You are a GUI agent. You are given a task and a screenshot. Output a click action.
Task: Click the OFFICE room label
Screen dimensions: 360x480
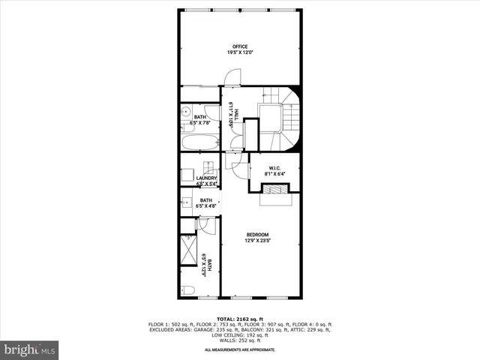pos(239,46)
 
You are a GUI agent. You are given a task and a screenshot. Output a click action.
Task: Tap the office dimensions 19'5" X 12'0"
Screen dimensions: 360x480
pos(239,52)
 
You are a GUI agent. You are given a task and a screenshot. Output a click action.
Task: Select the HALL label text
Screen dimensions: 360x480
pos(236,113)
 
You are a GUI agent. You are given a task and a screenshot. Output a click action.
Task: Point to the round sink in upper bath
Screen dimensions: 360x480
pos(185,113)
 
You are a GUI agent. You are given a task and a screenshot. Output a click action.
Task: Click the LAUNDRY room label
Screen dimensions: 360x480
pos(206,178)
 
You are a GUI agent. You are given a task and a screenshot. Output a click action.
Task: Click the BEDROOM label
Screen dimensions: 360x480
pos(257,234)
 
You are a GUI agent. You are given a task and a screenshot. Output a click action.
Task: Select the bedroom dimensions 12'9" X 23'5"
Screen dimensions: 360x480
pos(257,241)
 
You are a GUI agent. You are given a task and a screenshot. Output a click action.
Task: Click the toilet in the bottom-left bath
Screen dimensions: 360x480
pos(188,289)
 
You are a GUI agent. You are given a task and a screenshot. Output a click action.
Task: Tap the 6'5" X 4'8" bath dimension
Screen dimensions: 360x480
pos(206,206)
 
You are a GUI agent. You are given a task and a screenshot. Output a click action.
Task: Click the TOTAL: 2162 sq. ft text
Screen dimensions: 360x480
pos(240,319)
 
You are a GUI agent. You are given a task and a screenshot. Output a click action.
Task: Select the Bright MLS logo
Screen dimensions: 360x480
pos(30,349)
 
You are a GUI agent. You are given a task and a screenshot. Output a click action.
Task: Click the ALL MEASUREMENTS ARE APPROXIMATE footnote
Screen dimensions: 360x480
pos(240,349)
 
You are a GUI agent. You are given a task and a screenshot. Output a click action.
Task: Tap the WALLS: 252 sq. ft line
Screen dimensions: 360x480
pos(240,340)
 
